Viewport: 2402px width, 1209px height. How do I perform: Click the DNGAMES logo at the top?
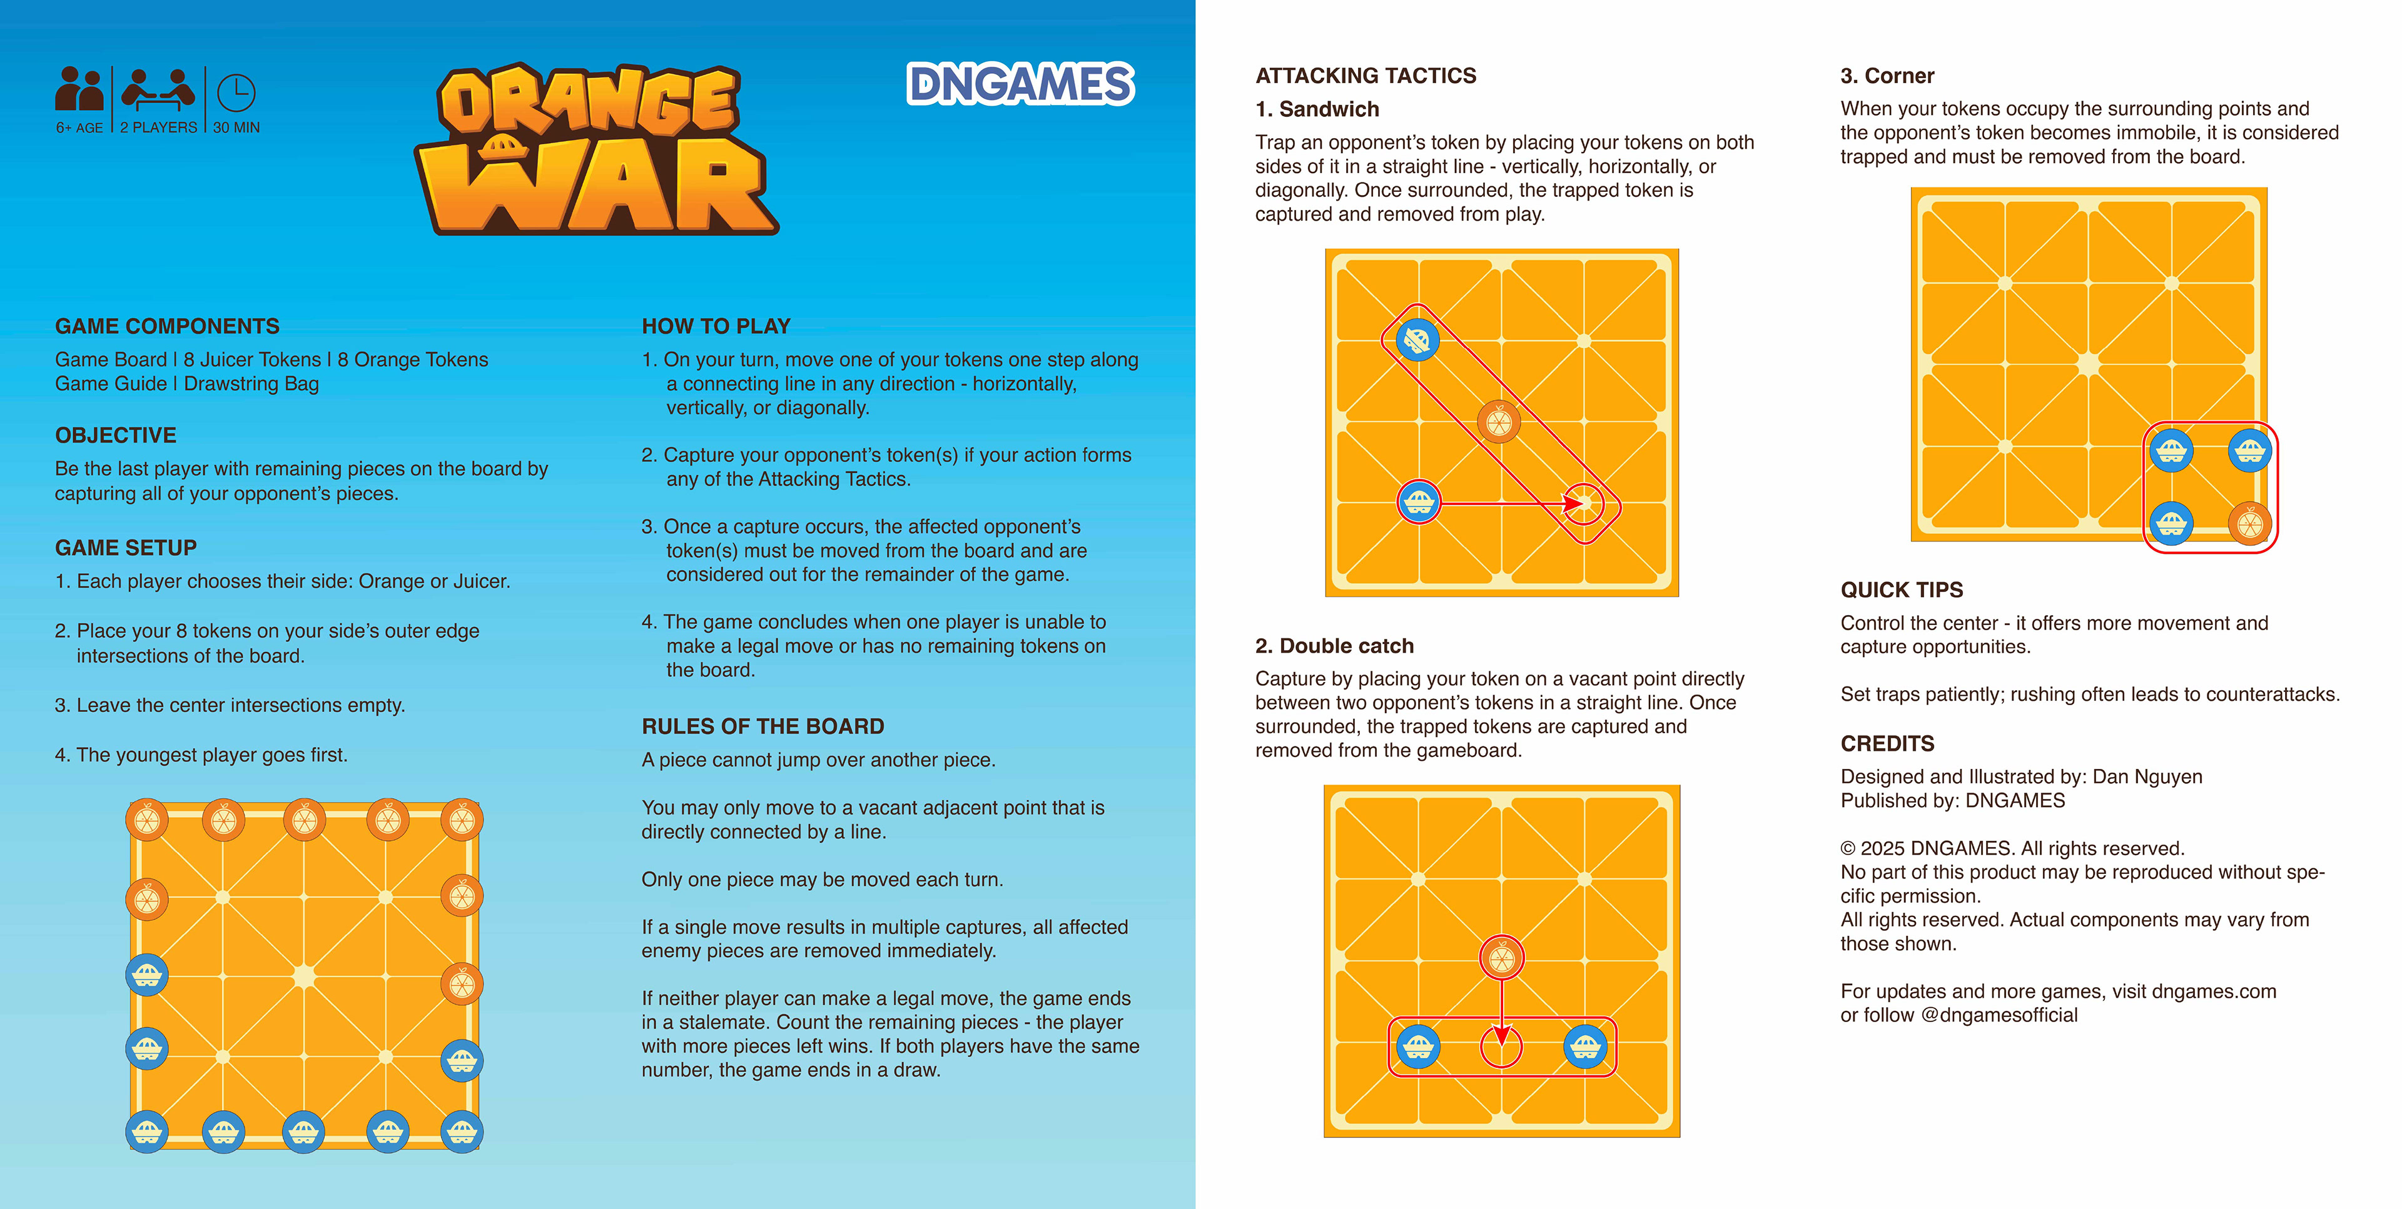click(1020, 84)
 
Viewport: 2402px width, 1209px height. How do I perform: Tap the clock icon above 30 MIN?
click(236, 93)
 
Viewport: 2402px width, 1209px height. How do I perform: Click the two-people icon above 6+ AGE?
click(79, 89)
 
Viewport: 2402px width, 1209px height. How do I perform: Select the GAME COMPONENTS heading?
click(167, 326)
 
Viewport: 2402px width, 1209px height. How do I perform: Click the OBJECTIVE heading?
click(116, 435)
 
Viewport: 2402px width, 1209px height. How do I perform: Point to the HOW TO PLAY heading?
click(715, 326)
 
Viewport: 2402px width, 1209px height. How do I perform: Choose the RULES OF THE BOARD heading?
click(763, 726)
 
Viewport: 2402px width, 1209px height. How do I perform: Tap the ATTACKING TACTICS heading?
click(1365, 76)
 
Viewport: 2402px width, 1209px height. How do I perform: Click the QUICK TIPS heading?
click(1902, 590)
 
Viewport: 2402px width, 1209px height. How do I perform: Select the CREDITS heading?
click(1887, 744)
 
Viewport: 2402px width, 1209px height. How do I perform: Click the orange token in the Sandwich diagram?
click(1499, 422)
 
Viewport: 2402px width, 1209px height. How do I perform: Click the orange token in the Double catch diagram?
click(1501, 957)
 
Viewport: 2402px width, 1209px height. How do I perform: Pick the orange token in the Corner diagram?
click(2249, 523)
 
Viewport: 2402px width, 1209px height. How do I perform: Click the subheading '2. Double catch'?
click(1334, 646)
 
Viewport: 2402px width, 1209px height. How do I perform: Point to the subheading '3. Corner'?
click(1887, 76)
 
